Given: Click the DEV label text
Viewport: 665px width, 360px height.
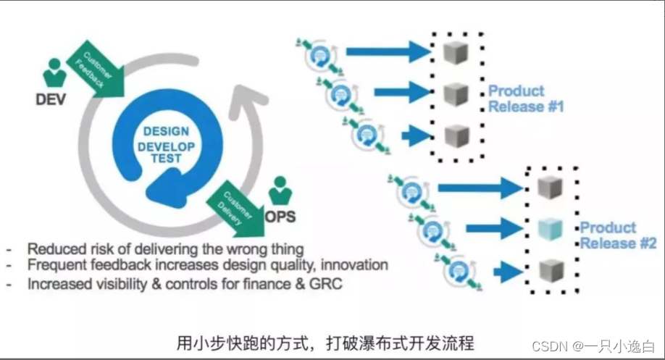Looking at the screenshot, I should [50, 99].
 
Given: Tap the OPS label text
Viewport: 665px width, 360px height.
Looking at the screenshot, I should [280, 216].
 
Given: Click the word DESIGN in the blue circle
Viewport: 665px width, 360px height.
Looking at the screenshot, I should [166, 131].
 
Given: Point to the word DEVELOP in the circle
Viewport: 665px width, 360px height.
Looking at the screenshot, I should [166, 147].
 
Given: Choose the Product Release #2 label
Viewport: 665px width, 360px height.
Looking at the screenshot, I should [618, 235].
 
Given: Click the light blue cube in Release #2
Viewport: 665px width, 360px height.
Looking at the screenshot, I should [551, 230].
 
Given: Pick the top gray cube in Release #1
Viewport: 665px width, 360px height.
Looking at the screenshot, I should [457, 52].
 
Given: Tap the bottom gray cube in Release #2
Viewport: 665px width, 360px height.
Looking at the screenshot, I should [551, 270].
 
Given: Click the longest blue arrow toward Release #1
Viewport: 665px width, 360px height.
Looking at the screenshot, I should [387, 51].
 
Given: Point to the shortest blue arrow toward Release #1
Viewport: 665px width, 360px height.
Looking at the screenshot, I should [415, 135].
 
